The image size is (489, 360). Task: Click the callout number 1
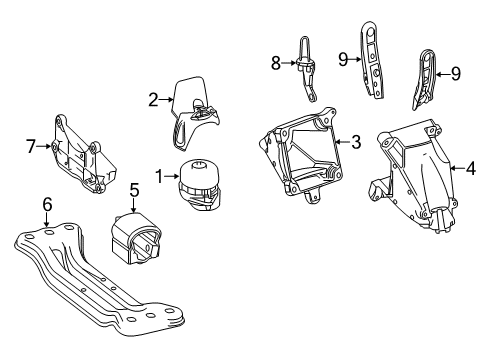tap(159, 176)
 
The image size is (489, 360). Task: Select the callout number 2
tap(153, 99)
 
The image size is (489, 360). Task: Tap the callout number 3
tap(356, 142)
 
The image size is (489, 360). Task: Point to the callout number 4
tap(471, 168)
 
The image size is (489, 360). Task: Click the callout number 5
tap(134, 190)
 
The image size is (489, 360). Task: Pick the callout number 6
tap(47, 204)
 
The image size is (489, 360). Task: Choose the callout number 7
tap(31, 146)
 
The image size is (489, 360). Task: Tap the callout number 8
tap(276, 63)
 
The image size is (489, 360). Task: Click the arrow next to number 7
tap(43, 146)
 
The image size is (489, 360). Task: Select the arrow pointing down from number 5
tap(133, 205)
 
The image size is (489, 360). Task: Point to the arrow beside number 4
tap(457, 169)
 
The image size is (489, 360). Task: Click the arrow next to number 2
tap(166, 99)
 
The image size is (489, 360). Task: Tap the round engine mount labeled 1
tap(200, 185)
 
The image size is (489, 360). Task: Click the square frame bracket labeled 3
tap(300, 154)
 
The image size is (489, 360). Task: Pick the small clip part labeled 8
tap(306, 69)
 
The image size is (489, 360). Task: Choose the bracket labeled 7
tap(83, 154)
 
